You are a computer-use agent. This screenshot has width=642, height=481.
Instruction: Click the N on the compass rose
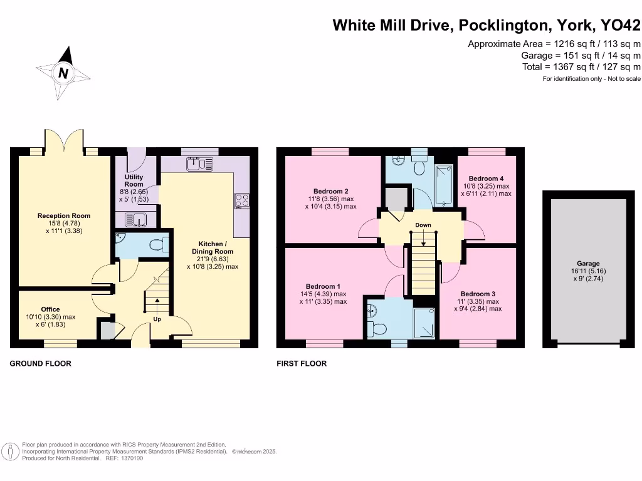(63, 73)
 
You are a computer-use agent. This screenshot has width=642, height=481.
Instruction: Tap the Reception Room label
(64, 216)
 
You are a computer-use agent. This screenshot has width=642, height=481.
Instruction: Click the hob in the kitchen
(241, 201)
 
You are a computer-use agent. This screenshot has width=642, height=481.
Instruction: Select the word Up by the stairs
(157, 319)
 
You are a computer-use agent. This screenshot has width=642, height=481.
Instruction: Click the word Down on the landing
(423, 225)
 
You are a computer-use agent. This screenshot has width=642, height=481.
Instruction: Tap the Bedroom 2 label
(331, 192)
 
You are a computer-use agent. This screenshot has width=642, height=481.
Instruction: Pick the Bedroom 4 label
(486, 178)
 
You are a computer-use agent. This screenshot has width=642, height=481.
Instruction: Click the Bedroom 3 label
(478, 294)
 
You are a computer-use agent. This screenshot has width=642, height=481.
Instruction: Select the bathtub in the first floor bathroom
(444, 185)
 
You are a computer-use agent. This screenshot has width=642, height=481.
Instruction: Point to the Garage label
(588, 264)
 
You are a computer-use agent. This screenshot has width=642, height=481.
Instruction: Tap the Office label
(51, 309)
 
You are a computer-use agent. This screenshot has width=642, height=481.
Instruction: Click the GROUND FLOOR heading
(40, 363)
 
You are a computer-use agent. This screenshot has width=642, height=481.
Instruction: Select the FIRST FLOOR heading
(302, 363)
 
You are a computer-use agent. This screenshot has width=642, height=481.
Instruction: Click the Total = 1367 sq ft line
(581, 67)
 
